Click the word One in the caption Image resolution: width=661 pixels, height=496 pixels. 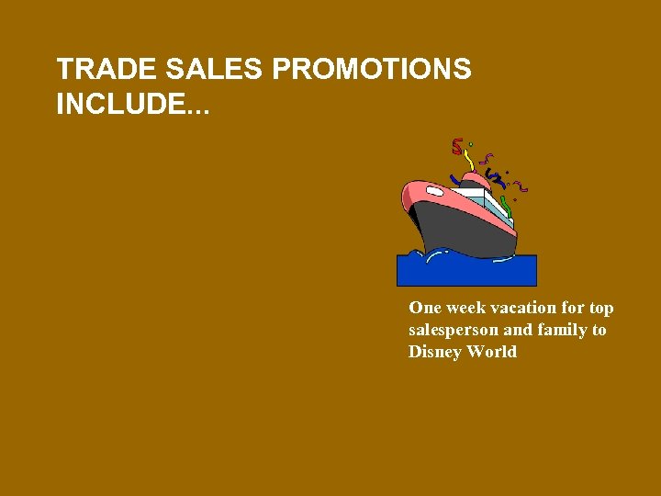pyautogui.click(x=425, y=308)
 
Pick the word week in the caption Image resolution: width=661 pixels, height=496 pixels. pyautogui.click(x=467, y=308)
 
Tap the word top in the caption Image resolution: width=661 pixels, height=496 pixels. pyautogui.click(x=601, y=309)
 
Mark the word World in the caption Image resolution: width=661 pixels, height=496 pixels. pyautogui.click(x=492, y=352)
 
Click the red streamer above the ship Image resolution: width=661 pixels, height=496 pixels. pyautogui.click(x=457, y=146)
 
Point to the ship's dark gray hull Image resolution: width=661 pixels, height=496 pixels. pyautogui.click(x=459, y=225)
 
